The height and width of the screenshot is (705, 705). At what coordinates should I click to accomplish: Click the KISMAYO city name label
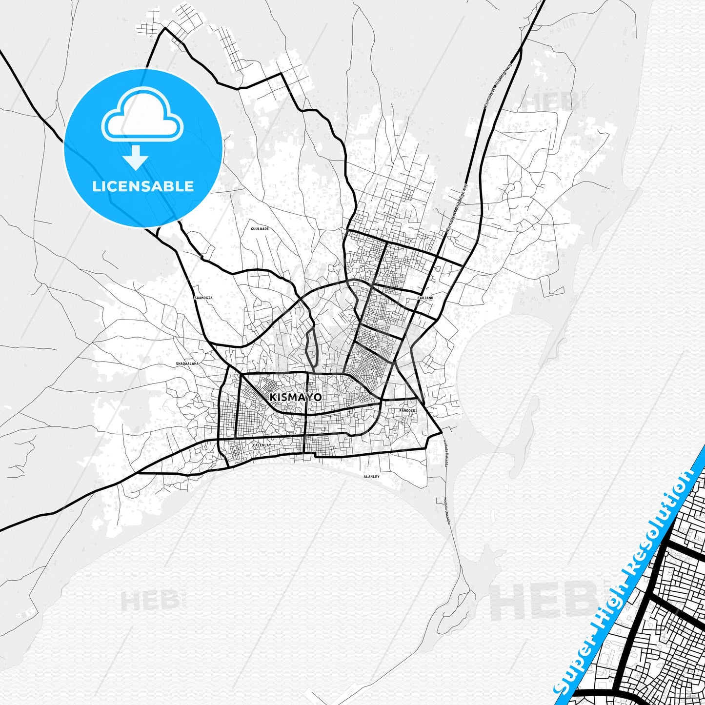coord(295,397)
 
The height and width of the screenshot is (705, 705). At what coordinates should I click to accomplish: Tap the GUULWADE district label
coord(260,228)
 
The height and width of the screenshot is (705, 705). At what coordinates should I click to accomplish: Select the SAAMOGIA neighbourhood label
coord(203,297)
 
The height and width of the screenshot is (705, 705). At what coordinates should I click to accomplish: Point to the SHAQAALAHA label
coord(187,363)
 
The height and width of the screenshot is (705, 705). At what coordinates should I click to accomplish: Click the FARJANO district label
coord(425,297)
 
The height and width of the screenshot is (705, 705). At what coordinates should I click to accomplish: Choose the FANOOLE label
coord(407,410)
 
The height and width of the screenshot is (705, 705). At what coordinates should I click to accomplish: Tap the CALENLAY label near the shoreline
coord(262,445)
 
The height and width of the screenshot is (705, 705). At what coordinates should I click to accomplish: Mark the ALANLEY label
coord(371,476)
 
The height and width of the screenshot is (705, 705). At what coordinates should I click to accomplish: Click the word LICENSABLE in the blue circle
coord(143,186)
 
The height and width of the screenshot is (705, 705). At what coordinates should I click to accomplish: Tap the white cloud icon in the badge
coord(142,119)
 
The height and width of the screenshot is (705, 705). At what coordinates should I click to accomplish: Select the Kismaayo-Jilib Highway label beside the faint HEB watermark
coord(498,85)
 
